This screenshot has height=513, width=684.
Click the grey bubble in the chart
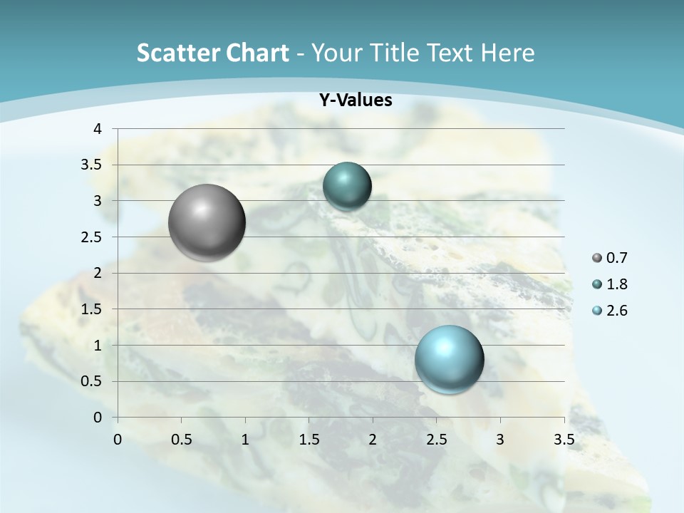click(207, 222)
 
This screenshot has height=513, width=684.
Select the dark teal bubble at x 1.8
click(347, 187)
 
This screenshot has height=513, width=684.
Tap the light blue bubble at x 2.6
click(449, 359)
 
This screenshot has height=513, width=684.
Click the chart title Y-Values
click(355, 100)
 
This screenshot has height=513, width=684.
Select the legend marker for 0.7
click(597, 258)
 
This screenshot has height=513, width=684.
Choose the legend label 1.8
click(617, 284)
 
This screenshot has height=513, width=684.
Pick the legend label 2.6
click(617, 311)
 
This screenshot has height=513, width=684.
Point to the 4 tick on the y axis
click(98, 129)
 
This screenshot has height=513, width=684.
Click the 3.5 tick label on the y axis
click(92, 165)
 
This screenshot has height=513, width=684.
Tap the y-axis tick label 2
click(98, 273)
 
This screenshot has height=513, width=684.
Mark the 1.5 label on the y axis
click(92, 309)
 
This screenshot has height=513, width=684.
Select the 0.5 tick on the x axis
click(182, 440)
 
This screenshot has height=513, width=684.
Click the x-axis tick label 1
click(245, 440)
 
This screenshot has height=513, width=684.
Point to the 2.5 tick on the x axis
click(436, 440)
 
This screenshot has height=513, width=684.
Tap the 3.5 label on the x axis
click(564, 440)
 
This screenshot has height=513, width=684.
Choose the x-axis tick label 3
click(500, 440)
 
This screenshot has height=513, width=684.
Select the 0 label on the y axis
click(98, 418)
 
